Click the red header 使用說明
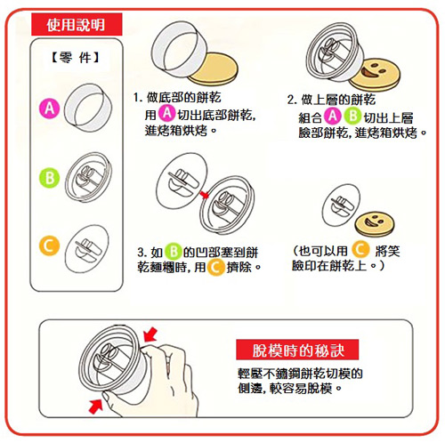tap(77, 24)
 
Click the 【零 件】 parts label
tap(76, 57)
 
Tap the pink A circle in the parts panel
tap(49, 109)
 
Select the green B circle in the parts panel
tap(49, 178)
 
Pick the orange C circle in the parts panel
tap(49, 246)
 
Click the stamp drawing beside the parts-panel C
tap(87, 248)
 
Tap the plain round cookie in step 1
tap(214, 68)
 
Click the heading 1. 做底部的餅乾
tap(177, 98)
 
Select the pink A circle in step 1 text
tap(167, 113)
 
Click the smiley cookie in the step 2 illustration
tap(375, 75)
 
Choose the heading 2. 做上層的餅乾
tap(331, 100)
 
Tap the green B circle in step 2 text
tap(352, 116)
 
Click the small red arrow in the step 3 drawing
tap(204, 195)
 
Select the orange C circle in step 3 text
tap(215, 268)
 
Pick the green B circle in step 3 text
tap(174, 252)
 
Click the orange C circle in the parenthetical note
tap(360, 250)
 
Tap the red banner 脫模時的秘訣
tap(297, 350)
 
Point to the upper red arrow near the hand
tap(150, 334)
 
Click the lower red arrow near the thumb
tap(96, 406)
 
